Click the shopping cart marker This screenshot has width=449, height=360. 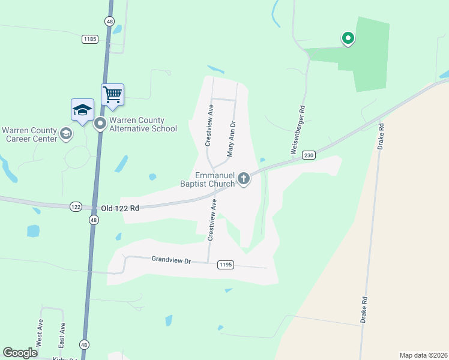tap(112, 94)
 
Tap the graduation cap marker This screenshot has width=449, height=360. tap(82, 109)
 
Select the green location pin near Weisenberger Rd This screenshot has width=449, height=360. tap(348, 38)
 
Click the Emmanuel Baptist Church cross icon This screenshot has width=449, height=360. tap(244, 178)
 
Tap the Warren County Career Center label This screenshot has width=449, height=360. tap(29, 134)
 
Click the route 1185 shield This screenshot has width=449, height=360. tap(90, 39)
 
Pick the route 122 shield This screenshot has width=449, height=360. tap(76, 206)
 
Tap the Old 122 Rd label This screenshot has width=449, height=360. tap(120, 208)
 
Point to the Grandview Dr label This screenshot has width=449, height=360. tap(170, 260)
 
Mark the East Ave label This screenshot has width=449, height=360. tap(61, 336)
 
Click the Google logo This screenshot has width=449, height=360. tap(20, 352)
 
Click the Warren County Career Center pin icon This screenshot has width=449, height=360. tap(67, 134)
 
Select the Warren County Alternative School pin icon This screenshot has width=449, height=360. tap(100, 124)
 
